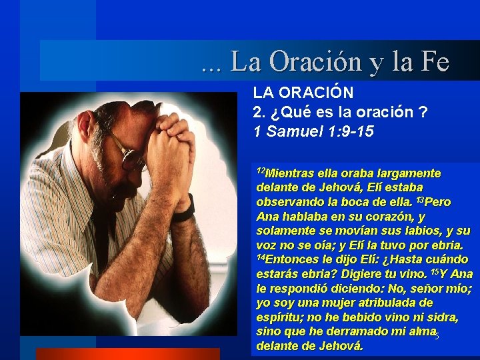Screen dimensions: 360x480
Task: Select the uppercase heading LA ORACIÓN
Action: [303, 93]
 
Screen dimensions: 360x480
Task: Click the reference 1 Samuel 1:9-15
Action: [313, 131]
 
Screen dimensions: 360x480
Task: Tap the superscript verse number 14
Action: [261, 257]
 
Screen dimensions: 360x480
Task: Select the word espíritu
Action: [279, 317]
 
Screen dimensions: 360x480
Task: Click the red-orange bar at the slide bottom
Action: [127, 354]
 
